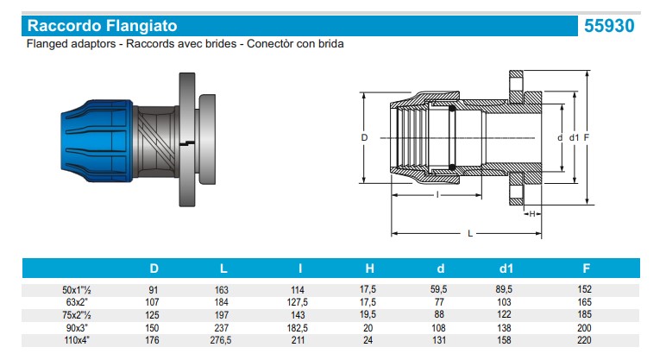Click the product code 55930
(609, 26)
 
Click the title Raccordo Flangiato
(103, 26)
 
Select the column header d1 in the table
(506, 268)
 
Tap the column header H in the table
(369, 268)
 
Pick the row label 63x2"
(77, 302)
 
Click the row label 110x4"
(77, 340)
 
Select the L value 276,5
(221, 340)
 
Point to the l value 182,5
(298, 328)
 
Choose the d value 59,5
(438, 289)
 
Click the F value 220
(584, 340)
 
